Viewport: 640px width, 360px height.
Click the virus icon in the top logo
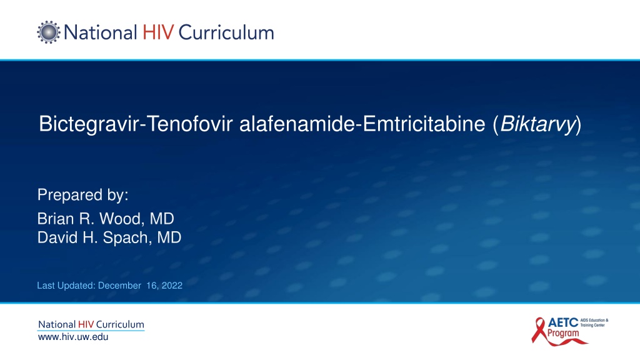49,32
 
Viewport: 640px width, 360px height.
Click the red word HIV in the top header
158,32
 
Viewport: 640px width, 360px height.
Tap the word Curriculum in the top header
226,32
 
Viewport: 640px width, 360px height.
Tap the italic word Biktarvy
537,124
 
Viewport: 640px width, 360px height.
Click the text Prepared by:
83,195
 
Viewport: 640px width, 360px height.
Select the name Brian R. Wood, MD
106,219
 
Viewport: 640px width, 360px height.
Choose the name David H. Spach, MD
109,237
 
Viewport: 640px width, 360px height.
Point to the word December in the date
119,285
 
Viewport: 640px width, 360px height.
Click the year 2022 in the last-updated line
172,285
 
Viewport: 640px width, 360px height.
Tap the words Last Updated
66,285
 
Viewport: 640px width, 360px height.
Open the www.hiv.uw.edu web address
73,337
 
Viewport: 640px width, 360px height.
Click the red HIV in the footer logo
86,324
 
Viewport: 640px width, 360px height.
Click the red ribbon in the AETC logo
539,331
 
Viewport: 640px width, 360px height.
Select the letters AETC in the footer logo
563,323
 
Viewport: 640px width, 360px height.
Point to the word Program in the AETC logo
563,334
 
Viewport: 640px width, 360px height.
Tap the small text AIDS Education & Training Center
594,323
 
